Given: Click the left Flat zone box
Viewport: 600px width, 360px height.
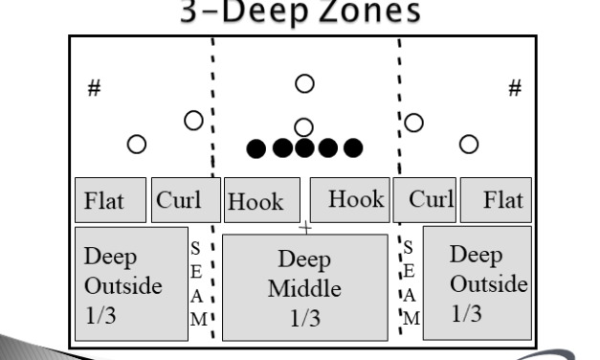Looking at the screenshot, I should [111, 199].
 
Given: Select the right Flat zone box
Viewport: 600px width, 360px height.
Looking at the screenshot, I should [496, 199].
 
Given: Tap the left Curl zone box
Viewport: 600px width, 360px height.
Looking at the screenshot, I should [180, 199].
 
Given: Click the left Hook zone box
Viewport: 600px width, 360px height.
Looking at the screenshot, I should [260, 200].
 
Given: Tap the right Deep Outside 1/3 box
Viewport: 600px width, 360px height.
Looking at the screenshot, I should [477, 281].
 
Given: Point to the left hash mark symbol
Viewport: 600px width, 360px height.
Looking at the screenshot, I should [95, 87].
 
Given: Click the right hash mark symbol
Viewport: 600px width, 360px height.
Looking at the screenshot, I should [514, 87].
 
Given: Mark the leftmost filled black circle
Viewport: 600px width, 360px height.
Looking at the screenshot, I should [256, 147].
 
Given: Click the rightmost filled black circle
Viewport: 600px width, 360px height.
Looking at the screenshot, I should [353, 147].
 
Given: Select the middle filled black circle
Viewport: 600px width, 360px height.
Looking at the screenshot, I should [304, 147].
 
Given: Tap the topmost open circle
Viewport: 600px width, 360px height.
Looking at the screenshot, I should [304, 84].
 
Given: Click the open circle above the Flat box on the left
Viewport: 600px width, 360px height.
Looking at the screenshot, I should [137, 144].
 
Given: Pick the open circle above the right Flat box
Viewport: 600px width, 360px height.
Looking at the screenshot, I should [468, 144].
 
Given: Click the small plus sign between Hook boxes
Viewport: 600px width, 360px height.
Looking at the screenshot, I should [305, 227].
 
